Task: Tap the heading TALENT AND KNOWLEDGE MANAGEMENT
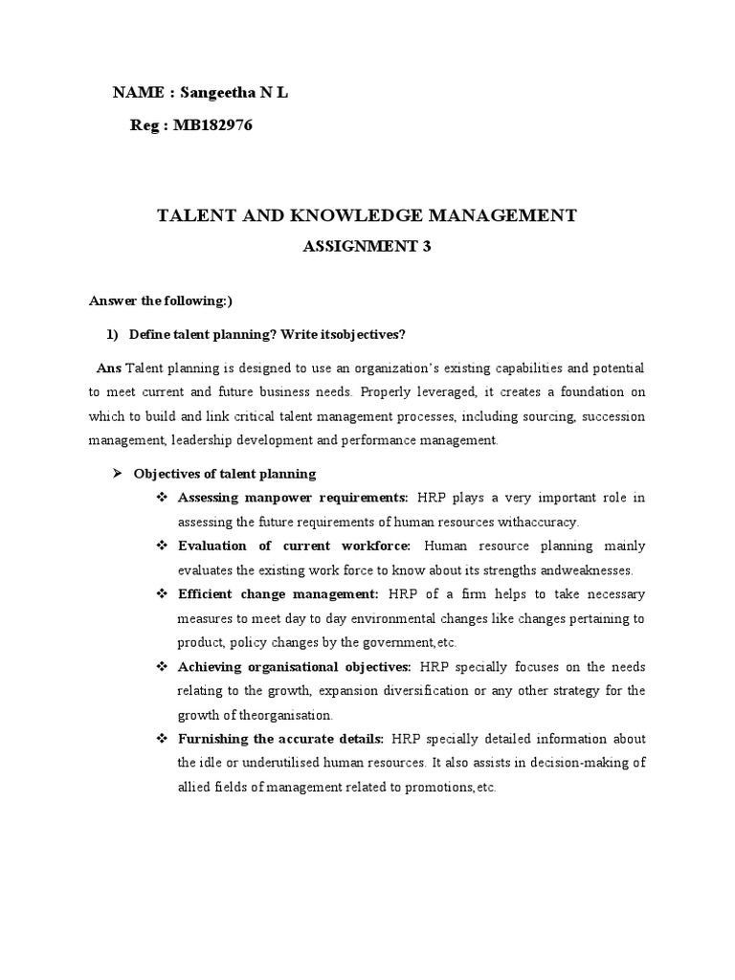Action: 367,215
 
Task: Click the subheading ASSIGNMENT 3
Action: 367,246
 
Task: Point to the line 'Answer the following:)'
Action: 161,300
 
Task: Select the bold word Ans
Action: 109,368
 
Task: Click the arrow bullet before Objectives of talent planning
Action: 119,474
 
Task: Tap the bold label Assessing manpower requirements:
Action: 294,498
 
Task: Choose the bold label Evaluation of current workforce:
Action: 295,546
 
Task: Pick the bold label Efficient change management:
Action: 278,593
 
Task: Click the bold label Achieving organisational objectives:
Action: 295,666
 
